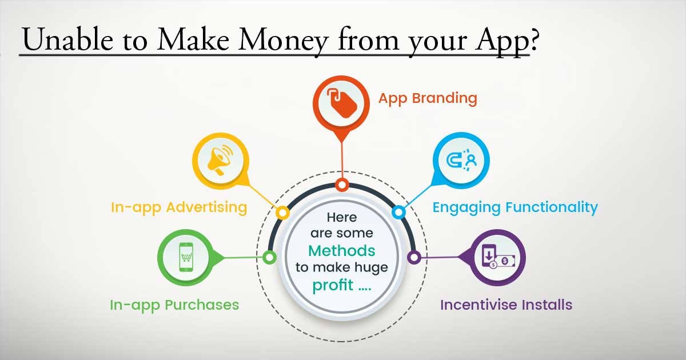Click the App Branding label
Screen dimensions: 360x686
coord(427,98)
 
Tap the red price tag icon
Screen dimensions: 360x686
coord(341,103)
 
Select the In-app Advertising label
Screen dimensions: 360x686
coord(178,207)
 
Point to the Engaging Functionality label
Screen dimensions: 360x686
coord(514,207)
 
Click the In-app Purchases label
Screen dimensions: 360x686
coord(174,305)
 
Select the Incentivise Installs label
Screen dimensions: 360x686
coord(506,305)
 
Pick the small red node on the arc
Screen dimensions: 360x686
coord(342,185)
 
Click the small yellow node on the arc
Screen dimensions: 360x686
coord(282,213)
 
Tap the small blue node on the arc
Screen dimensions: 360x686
coord(399,213)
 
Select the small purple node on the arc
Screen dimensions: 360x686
coord(414,257)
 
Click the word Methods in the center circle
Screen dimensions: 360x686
coord(341,250)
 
